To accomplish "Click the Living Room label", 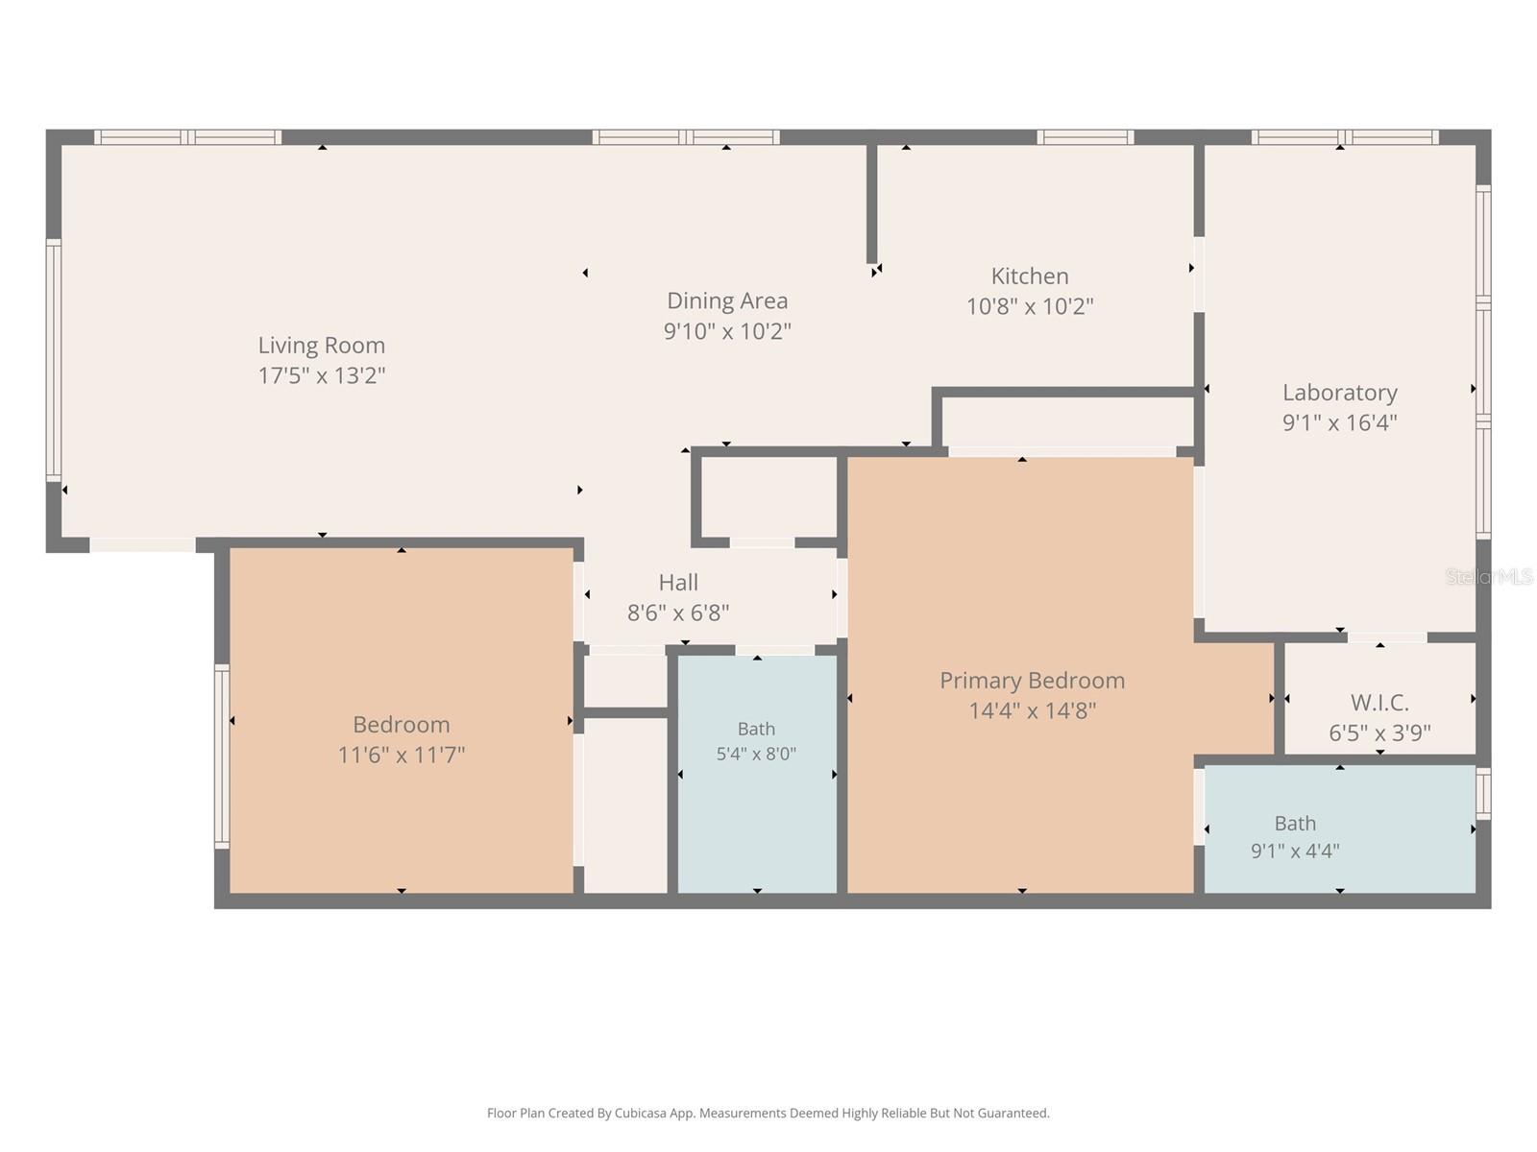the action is (x=322, y=346).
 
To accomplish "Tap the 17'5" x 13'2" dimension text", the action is (x=322, y=375).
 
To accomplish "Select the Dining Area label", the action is (x=727, y=300).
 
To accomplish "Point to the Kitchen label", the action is (x=1030, y=276).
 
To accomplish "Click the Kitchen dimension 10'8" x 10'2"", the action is (x=1030, y=306).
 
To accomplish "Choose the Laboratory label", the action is (x=1339, y=393).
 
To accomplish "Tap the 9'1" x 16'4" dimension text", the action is (x=1339, y=422).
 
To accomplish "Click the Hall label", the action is (x=678, y=583).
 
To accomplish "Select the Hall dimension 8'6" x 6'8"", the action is (x=678, y=612).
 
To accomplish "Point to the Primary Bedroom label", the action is (x=1032, y=681).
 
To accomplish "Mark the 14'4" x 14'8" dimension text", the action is (x=1032, y=710).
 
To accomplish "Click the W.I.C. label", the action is (x=1378, y=703).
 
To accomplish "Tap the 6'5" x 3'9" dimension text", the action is (x=1378, y=732).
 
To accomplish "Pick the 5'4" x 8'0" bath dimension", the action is (x=756, y=754).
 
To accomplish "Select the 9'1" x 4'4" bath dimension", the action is (x=1295, y=851).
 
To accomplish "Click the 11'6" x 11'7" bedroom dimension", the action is (x=402, y=755).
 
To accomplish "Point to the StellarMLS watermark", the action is (x=1489, y=577).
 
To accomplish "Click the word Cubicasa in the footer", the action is (x=640, y=1113).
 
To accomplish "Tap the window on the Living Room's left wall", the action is (x=54, y=360).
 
